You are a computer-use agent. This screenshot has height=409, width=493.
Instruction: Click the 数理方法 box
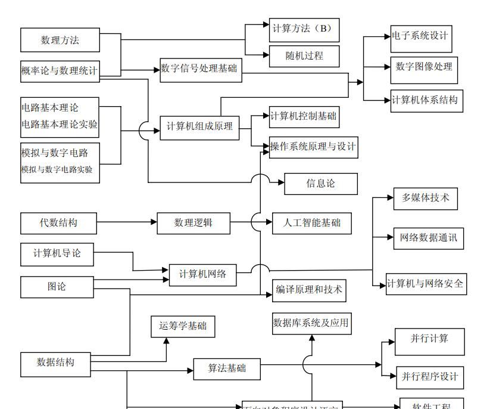point(60,40)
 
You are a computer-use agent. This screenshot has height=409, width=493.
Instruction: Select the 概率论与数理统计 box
point(60,70)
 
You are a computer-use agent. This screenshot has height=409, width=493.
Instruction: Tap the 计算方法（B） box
point(304,28)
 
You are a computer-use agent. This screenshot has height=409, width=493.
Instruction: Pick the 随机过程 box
point(304,56)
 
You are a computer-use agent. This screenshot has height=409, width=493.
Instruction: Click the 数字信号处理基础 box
point(199,69)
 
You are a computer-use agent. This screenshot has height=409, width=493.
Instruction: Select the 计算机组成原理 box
point(199,126)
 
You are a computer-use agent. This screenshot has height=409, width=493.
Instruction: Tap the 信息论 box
point(320,184)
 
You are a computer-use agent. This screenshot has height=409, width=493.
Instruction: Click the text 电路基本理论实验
point(60,125)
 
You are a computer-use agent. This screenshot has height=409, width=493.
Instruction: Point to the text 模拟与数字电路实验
point(57,169)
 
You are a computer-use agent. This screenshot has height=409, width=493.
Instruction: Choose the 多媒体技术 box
point(425,198)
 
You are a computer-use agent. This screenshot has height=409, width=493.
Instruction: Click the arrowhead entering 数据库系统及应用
point(311,337)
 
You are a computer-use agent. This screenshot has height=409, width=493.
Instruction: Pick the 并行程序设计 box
point(429,376)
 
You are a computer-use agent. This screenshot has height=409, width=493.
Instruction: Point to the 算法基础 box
point(227,368)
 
